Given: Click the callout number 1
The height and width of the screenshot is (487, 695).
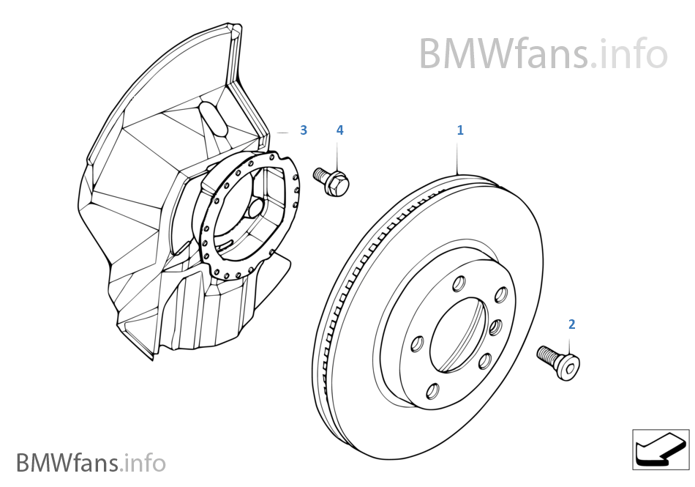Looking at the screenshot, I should pos(460,130).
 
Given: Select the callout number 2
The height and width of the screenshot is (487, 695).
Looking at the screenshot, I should pos(571,324).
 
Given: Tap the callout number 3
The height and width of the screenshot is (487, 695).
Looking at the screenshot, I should pos(304,130).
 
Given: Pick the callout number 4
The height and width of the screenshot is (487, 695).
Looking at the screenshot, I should pos(339,130).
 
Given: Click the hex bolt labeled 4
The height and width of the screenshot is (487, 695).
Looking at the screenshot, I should pos(334,179).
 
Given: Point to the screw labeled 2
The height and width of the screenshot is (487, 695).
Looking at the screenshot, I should pos(560,362).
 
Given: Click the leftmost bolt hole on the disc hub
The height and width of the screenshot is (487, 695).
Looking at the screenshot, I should pos(418,343).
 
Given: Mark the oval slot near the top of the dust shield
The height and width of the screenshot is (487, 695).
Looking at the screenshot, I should pos(212,118).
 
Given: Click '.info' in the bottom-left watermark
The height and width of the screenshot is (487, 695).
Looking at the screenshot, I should pos(145,463).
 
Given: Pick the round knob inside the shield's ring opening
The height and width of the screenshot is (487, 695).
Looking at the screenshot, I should pos(255,209).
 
